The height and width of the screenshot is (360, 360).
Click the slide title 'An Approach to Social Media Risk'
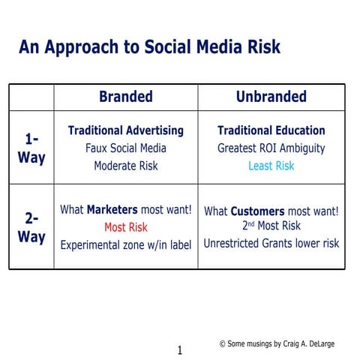pyautogui.click(x=150, y=47)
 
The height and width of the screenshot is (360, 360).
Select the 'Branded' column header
pyautogui.click(x=125, y=97)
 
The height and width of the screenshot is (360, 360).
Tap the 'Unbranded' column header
pyautogui.click(x=271, y=97)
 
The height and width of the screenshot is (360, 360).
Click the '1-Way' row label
pyautogui.click(x=31, y=148)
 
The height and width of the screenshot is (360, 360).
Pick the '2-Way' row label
pyautogui.click(x=31, y=228)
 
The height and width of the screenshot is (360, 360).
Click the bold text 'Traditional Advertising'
pyautogui.click(x=125, y=130)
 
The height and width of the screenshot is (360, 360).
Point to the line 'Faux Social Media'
pyautogui.click(x=125, y=148)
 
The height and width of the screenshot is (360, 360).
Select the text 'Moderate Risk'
pyautogui.click(x=125, y=166)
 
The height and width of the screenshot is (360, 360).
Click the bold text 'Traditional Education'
pyautogui.click(x=271, y=130)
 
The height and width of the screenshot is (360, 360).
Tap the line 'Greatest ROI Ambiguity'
pyautogui.click(x=271, y=148)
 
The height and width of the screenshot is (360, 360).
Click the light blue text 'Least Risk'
pyautogui.click(x=271, y=166)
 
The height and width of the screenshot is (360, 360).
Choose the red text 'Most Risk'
pyautogui.click(x=125, y=227)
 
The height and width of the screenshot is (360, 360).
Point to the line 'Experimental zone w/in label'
pyautogui.click(x=125, y=244)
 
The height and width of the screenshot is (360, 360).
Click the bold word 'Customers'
pyautogui.click(x=256, y=211)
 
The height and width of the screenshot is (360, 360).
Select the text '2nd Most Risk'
pyautogui.click(x=271, y=226)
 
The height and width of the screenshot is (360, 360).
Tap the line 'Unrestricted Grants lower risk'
pyautogui.click(x=271, y=243)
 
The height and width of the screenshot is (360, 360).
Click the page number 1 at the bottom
pyautogui.click(x=179, y=349)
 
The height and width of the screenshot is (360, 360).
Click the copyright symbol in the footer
pyautogui.click(x=223, y=343)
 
